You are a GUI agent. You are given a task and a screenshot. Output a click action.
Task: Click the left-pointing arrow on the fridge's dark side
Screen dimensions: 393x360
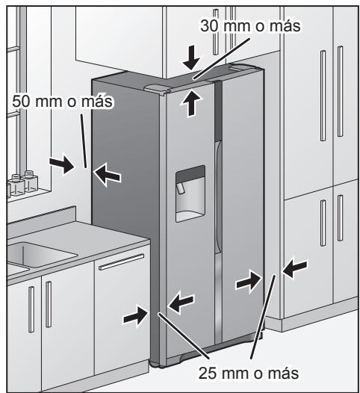point(108,174)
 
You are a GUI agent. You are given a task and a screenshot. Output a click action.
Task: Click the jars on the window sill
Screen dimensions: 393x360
point(23,183)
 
